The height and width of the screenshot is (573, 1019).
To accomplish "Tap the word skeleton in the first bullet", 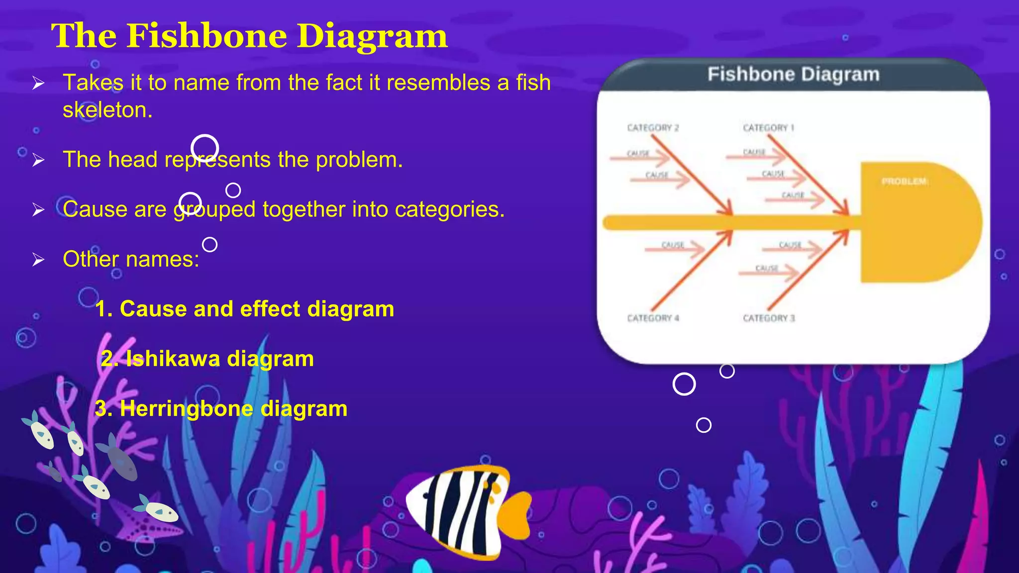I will pos(107,110).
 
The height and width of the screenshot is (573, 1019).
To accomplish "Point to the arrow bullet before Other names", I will pos(38,259).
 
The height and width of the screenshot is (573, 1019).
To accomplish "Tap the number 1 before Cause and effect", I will pos(102,309).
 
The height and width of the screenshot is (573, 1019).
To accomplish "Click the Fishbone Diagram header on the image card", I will pos(793,75).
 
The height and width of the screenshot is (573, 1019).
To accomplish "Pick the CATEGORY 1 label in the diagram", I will pos(768,128).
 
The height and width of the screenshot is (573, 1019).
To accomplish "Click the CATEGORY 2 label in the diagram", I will pos(652,128).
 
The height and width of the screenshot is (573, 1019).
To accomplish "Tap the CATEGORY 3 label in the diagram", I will pos(768,318).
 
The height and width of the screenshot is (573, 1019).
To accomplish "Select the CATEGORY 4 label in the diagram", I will pos(652,318).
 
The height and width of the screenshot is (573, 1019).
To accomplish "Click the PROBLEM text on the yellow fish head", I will pos(904,182).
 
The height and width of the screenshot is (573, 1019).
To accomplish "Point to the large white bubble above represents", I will pos(204,148).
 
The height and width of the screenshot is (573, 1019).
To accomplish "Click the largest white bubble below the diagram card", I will pos(684,384).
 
